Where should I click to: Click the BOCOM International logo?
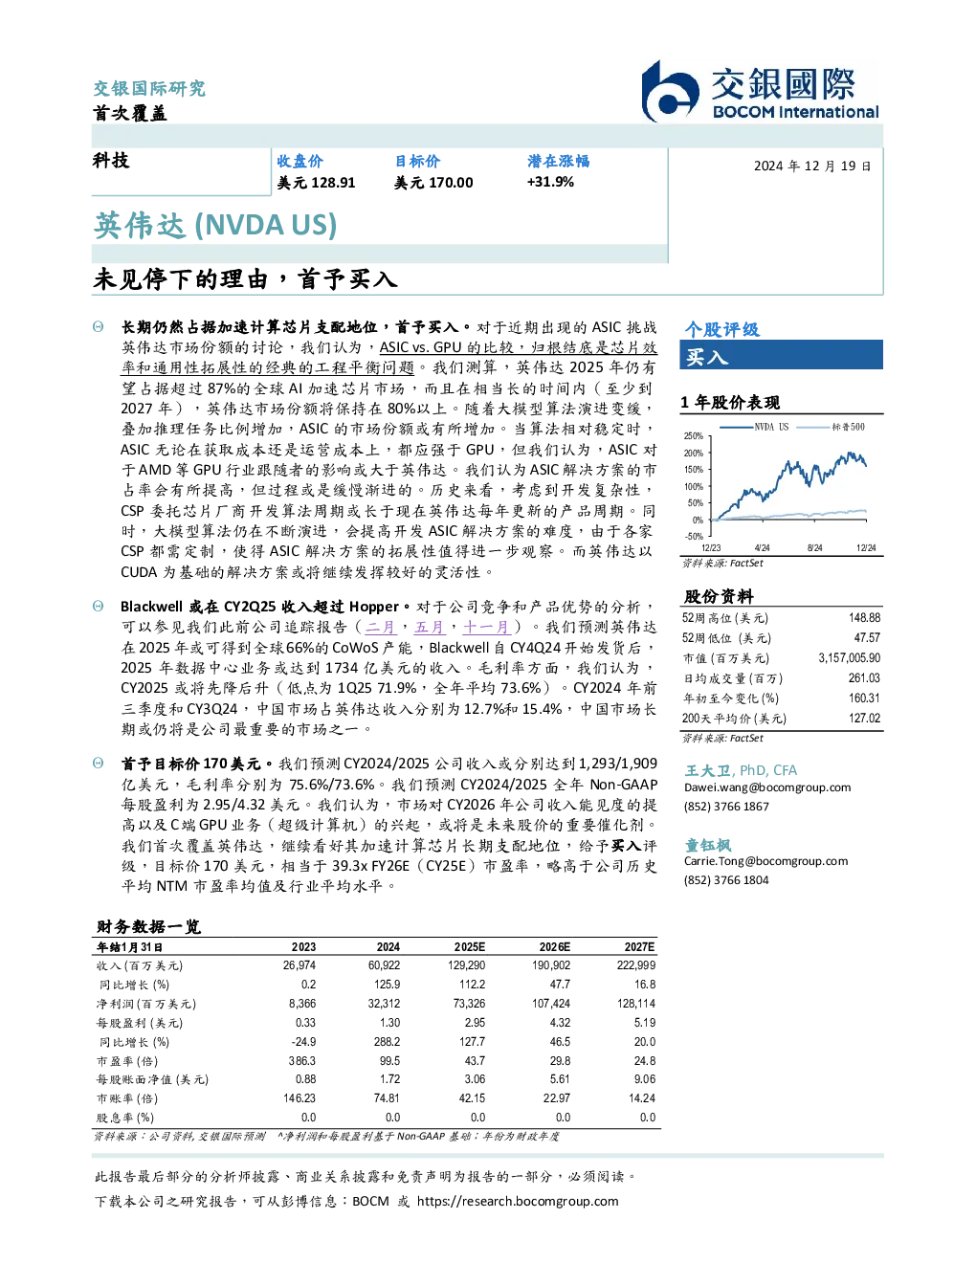[760, 91]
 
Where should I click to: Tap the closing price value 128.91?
[333, 183]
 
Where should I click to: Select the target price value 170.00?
[451, 183]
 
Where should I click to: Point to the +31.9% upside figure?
[550, 182]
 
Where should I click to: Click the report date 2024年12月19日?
[812, 166]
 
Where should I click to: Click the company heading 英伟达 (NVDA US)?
[215, 225]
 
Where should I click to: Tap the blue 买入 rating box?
[781, 355]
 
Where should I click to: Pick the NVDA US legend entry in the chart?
[754, 427]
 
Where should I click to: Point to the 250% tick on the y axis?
[694, 436]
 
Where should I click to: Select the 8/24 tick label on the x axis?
[814, 548]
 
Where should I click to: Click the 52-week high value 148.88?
[864, 618]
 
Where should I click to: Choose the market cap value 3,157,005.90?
[850, 658]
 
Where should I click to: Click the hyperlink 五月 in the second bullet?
[429, 628]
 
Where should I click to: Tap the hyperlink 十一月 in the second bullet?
[486, 628]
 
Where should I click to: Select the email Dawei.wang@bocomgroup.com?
[767, 787]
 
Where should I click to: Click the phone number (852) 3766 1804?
[726, 880]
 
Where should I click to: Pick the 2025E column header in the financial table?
[470, 947]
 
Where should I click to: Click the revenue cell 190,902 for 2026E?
[551, 966]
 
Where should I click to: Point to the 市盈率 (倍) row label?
[127, 1061]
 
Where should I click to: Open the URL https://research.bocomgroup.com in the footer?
[518, 1202]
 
